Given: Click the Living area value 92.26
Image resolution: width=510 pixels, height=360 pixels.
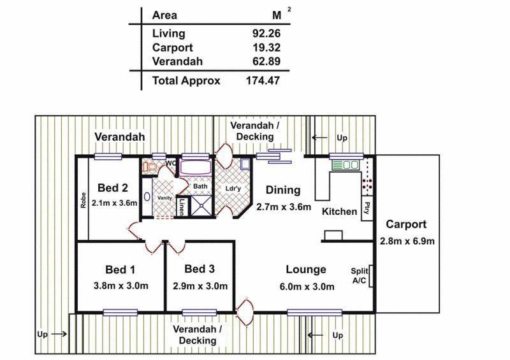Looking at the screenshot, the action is pyautogui.click(x=266, y=33).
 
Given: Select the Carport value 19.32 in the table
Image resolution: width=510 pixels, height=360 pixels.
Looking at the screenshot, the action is pyautogui.click(x=266, y=48).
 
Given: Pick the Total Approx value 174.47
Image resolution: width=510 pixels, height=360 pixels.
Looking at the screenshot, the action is pyautogui.click(x=263, y=80).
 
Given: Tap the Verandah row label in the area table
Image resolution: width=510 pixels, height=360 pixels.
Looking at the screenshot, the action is pyautogui.click(x=177, y=61).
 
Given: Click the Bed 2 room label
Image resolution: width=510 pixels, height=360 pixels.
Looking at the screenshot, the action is pyautogui.click(x=113, y=187).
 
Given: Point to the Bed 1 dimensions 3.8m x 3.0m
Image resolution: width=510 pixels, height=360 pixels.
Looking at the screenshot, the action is pyautogui.click(x=120, y=286).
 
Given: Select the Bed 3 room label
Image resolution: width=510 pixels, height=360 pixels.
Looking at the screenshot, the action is pyautogui.click(x=200, y=269).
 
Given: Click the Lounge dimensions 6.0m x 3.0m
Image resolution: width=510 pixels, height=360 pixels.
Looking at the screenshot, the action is pyautogui.click(x=307, y=287).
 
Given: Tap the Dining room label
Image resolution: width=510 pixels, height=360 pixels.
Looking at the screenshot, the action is pyautogui.click(x=283, y=191).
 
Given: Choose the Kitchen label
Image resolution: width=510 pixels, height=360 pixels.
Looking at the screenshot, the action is pyautogui.click(x=339, y=212).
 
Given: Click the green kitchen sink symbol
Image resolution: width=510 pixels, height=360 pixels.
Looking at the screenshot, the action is pyautogui.click(x=346, y=165).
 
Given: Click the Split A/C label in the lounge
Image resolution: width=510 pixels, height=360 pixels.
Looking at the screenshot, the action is pyautogui.click(x=360, y=276).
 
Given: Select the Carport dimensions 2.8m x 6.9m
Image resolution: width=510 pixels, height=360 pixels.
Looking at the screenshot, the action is pyautogui.click(x=407, y=241).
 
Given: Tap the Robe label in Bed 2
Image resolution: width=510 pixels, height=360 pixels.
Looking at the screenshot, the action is pyautogui.click(x=84, y=200).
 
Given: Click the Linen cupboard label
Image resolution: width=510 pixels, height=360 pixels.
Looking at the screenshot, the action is pyautogui.click(x=181, y=207).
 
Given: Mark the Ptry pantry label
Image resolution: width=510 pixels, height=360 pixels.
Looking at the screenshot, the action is pyautogui.click(x=367, y=208).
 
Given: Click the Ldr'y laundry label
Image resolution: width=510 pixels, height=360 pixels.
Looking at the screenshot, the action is pyautogui.click(x=233, y=189).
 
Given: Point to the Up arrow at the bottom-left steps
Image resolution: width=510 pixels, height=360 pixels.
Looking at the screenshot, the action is pyautogui.click(x=59, y=334).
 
